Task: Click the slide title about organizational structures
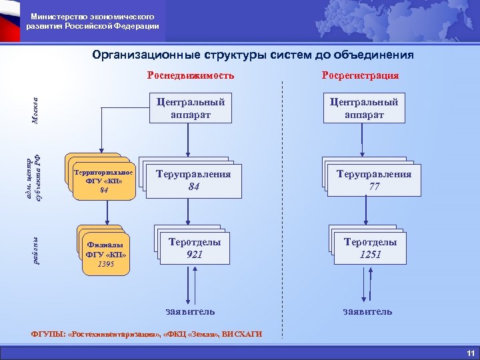(x=253, y=55)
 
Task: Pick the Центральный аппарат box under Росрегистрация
(x=364, y=108)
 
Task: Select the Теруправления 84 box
(x=194, y=181)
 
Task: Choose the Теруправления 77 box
(x=375, y=181)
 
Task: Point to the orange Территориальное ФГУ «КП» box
(x=103, y=181)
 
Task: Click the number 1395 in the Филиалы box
(x=105, y=264)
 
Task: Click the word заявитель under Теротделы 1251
(x=367, y=311)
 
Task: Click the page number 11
(x=470, y=352)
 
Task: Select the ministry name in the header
(x=93, y=21)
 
